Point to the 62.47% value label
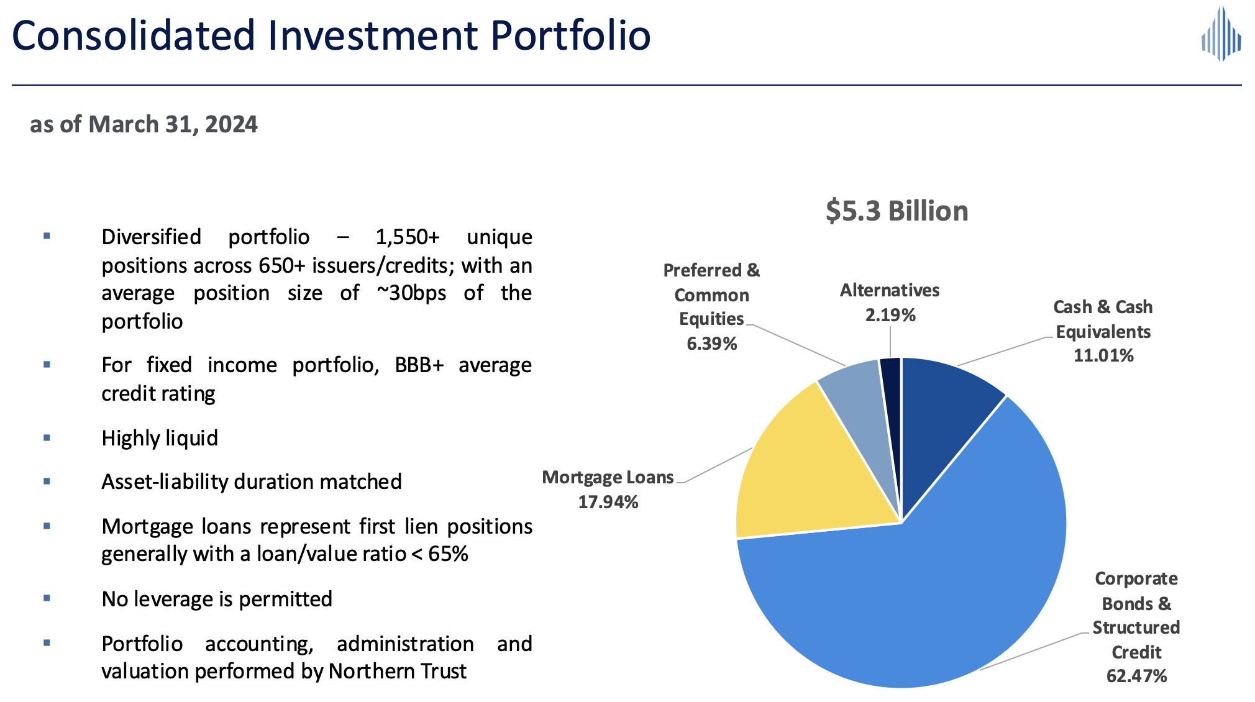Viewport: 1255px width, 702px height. pyautogui.click(x=1136, y=676)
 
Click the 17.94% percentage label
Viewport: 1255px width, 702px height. pyautogui.click(x=608, y=502)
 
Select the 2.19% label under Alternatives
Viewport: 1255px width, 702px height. pyautogui.click(x=890, y=315)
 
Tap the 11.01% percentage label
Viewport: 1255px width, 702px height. pyautogui.click(x=1103, y=355)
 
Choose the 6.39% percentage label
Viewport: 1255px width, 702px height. pyautogui.click(x=711, y=344)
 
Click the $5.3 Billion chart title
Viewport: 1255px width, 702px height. pyautogui.click(x=897, y=211)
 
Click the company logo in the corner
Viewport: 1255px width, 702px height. pyautogui.click(x=1221, y=35)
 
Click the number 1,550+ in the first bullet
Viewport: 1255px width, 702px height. pyautogui.click(x=407, y=237)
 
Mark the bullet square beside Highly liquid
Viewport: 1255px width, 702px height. pyautogui.click(x=47, y=438)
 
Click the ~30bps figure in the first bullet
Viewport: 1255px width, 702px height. pyautogui.click(x=411, y=293)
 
